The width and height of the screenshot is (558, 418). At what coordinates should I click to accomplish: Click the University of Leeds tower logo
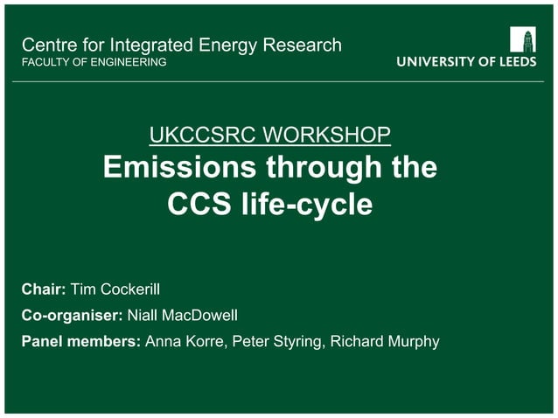coord(523,39)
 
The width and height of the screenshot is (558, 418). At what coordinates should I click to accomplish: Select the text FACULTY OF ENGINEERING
coord(94,62)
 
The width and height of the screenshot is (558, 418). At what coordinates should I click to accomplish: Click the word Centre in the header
coord(46,45)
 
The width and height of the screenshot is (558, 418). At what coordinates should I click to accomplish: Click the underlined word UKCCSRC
coord(198,136)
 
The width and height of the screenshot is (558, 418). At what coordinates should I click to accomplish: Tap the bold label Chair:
coord(44,289)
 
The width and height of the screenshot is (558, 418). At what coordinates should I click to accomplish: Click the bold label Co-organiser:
coord(72,315)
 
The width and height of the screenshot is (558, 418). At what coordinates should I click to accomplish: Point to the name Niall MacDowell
coord(182,315)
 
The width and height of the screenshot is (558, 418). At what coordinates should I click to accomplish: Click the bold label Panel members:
coord(80,341)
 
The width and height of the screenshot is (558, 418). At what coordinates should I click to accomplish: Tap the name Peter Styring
coord(276,341)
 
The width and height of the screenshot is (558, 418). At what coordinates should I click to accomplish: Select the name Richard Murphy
coord(386,341)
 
